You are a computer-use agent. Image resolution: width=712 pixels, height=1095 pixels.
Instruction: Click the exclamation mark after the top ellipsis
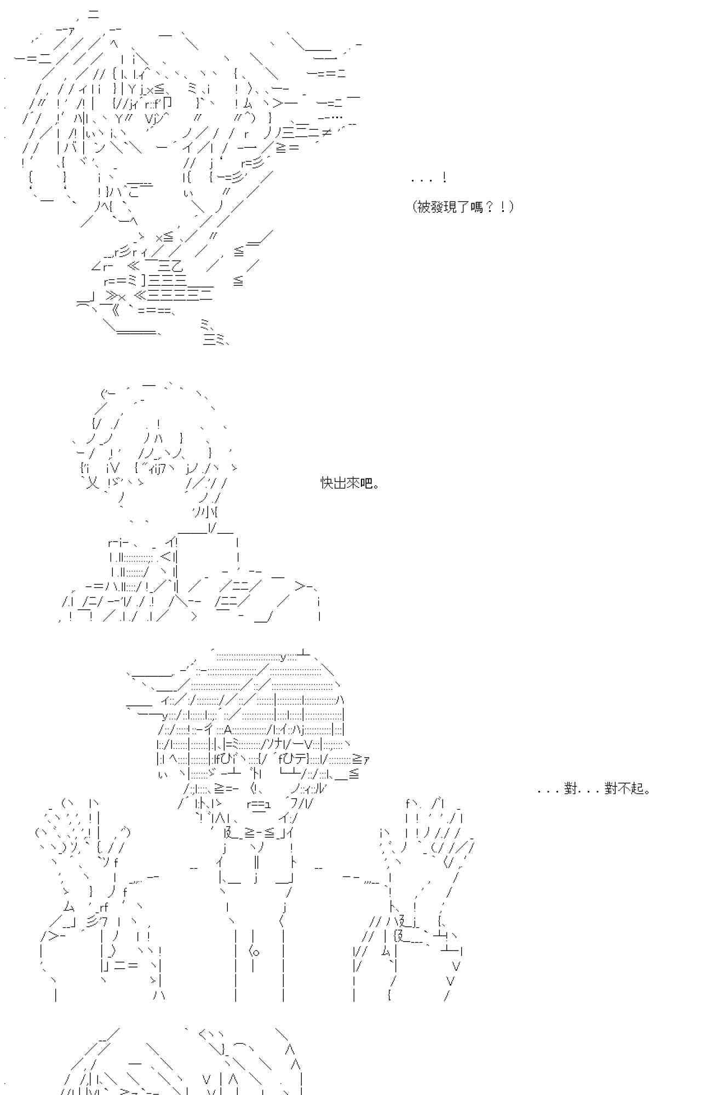pyautogui.click(x=444, y=177)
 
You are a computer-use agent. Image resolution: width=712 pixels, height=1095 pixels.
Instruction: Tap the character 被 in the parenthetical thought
pyautogui.click(x=424, y=207)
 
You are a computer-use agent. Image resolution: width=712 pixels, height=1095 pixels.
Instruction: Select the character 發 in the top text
pyautogui.click(x=438, y=207)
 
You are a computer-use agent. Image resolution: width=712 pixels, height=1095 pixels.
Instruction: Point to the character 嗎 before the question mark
pyautogui.click(x=477, y=207)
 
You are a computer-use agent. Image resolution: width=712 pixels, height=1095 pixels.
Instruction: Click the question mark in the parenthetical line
pyautogui.click(x=490, y=207)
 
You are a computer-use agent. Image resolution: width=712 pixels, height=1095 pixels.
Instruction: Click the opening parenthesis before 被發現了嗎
pyautogui.click(x=415, y=207)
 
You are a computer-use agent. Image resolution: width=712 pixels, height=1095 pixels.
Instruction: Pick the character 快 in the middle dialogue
pyautogui.click(x=327, y=483)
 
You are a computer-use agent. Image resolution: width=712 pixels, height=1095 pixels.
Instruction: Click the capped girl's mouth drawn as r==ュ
pyautogui.click(x=259, y=804)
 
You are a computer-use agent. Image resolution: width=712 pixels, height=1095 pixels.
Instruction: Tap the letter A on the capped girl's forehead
pyautogui.click(x=228, y=729)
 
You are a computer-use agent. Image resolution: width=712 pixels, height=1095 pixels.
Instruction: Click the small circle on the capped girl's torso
pyautogui.click(x=256, y=952)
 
